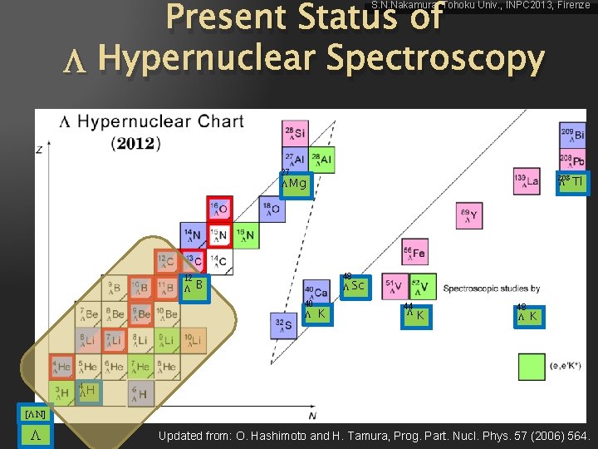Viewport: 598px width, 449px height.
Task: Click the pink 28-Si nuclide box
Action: (x=295, y=134)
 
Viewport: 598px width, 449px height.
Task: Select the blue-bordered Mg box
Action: (x=296, y=183)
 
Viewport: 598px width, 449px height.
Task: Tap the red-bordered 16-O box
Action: (x=219, y=210)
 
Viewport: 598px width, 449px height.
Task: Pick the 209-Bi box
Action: (x=572, y=134)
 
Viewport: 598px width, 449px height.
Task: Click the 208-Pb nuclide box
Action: (x=572, y=160)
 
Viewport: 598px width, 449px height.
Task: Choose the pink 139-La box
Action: (x=527, y=182)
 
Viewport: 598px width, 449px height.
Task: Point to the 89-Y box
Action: (x=468, y=216)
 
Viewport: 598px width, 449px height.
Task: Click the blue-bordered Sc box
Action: (x=355, y=285)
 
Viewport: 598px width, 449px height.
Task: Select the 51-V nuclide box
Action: (x=395, y=286)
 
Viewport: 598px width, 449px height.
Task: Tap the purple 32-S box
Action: (x=285, y=325)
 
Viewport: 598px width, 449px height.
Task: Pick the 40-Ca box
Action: (x=316, y=292)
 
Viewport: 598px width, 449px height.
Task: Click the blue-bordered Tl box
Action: (x=573, y=182)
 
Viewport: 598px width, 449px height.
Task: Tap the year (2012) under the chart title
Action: (x=135, y=143)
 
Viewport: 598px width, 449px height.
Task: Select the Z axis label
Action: (x=39, y=149)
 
